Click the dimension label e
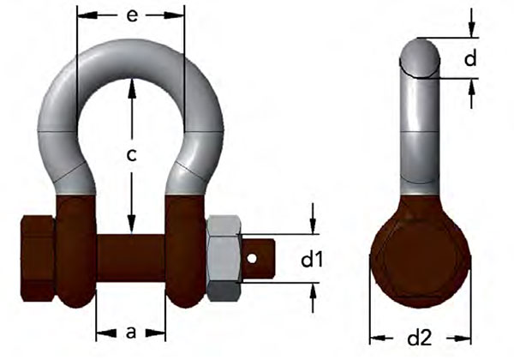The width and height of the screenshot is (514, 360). point(130,15)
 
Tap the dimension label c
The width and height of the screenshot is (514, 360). point(131,155)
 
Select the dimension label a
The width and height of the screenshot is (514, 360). point(130,333)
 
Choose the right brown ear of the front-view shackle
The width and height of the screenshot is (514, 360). point(186,249)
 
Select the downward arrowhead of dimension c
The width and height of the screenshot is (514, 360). point(130,230)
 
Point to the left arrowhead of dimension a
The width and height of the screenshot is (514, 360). point(99,333)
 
